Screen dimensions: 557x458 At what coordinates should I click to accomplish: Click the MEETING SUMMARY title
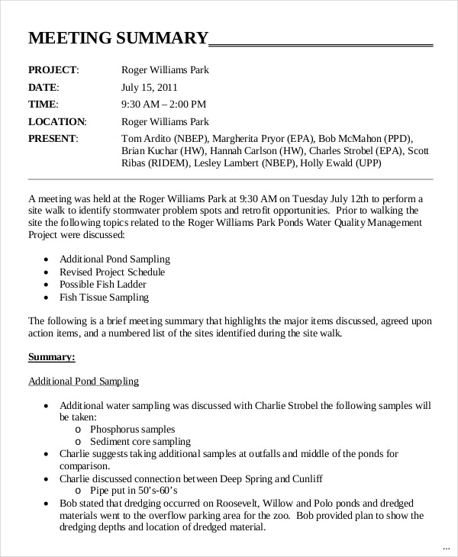pos(118,38)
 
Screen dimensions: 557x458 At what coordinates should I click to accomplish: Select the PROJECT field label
pos(53,70)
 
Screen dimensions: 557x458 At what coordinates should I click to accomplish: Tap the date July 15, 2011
pos(150,88)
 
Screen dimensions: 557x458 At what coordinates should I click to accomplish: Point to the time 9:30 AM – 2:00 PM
pos(163,105)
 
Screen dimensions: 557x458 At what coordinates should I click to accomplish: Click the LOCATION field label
pos(57,121)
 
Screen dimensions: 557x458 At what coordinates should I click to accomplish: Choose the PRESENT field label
pos(53,138)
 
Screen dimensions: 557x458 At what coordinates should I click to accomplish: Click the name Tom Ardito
pos(147,138)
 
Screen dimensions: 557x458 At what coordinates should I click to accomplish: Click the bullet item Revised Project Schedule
pos(112,272)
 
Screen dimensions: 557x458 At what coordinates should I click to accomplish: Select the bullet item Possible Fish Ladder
pos(104,285)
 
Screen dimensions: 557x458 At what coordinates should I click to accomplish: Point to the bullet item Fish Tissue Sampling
pos(104,298)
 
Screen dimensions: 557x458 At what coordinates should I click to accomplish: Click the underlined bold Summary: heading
pos(52,356)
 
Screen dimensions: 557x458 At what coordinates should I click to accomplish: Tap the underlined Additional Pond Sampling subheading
pos(83,381)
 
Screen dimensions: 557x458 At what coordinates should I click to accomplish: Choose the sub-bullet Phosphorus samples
pos(132,430)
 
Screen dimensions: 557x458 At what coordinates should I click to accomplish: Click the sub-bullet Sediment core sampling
pos(140,442)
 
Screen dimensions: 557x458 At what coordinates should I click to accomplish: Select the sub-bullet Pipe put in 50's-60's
pos(134,491)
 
